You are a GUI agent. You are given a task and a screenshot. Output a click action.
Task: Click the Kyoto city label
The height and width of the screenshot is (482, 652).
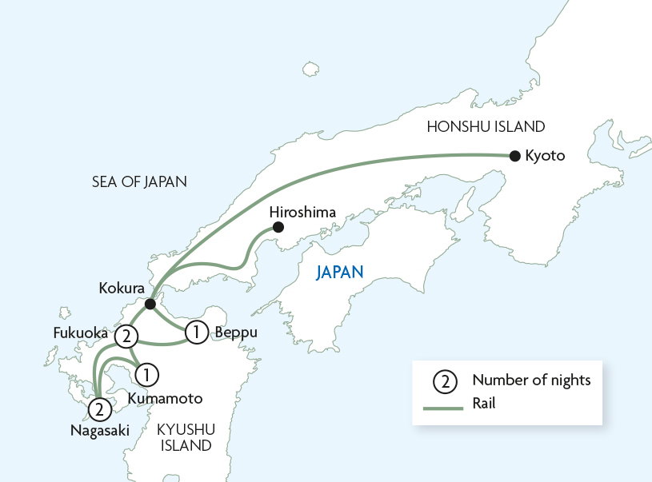(545, 156)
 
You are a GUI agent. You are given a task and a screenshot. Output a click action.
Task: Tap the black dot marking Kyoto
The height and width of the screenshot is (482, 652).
(514, 156)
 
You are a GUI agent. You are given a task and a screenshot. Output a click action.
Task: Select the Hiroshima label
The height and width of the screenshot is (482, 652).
(302, 212)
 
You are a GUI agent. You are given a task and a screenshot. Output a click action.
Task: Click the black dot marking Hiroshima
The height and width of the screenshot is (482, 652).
(278, 228)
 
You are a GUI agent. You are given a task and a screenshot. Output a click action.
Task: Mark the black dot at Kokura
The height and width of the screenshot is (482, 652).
(150, 305)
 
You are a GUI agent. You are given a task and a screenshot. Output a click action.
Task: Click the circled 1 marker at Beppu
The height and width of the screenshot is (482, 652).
(196, 331)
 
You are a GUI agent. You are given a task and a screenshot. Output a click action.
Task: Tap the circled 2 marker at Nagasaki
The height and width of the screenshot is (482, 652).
(98, 410)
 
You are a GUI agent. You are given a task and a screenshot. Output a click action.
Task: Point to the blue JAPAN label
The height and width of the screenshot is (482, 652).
(340, 273)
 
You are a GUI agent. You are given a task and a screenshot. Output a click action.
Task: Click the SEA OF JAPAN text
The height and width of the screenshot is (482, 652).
(139, 182)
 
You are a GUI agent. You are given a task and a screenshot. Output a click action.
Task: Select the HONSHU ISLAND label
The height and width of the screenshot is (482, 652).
(486, 126)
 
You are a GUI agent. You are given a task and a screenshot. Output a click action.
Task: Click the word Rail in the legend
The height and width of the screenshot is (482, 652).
(484, 404)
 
